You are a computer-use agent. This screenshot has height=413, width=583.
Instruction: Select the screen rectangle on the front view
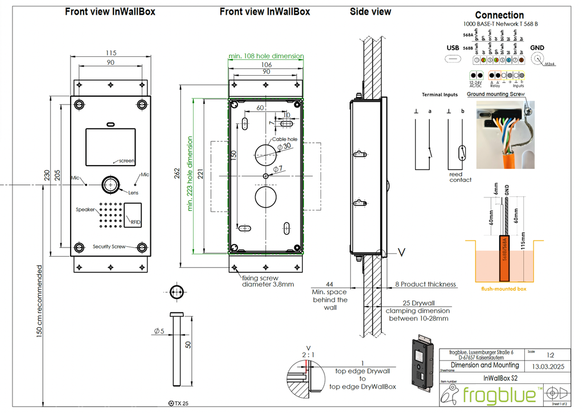tap(110, 147)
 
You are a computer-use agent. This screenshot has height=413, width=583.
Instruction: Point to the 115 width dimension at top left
tap(110, 53)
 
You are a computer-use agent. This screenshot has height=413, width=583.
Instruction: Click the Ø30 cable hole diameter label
tap(283, 147)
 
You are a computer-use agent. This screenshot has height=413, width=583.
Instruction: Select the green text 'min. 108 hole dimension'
tap(266, 56)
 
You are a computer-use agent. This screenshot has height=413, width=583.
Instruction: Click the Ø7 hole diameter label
tap(278, 169)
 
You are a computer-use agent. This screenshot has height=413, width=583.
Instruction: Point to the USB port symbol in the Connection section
tap(454, 59)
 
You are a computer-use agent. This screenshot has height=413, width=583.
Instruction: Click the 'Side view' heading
tap(370, 11)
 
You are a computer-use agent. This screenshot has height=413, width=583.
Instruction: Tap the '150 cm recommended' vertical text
tap(40, 302)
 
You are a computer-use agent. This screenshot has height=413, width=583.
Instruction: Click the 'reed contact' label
tap(460, 177)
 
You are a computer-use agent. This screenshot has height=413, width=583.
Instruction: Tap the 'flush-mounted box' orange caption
tap(503, 289)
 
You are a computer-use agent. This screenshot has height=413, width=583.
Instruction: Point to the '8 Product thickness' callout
tap(425, 284)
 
